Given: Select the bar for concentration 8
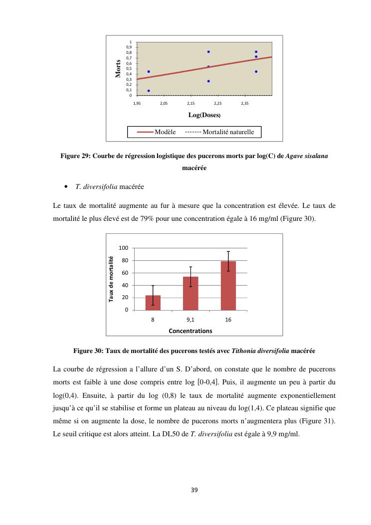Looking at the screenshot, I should [x=153, y=303].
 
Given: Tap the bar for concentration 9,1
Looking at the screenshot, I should [x=190, y=293].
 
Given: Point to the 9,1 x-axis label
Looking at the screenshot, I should [x=190, y=320].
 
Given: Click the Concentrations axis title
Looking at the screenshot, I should [x=190, y=331].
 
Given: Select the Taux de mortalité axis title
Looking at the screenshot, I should [x=111, y=279].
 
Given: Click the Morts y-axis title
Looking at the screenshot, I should [x=118, y=69].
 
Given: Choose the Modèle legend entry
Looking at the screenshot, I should [x=157, y=132].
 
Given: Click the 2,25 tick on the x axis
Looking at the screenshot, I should [x=217, y=103].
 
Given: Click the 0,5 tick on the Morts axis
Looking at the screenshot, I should [x=129, y=69].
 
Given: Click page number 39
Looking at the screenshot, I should [x=194, y=490].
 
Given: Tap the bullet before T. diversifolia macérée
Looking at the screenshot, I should [x=66, y=187].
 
